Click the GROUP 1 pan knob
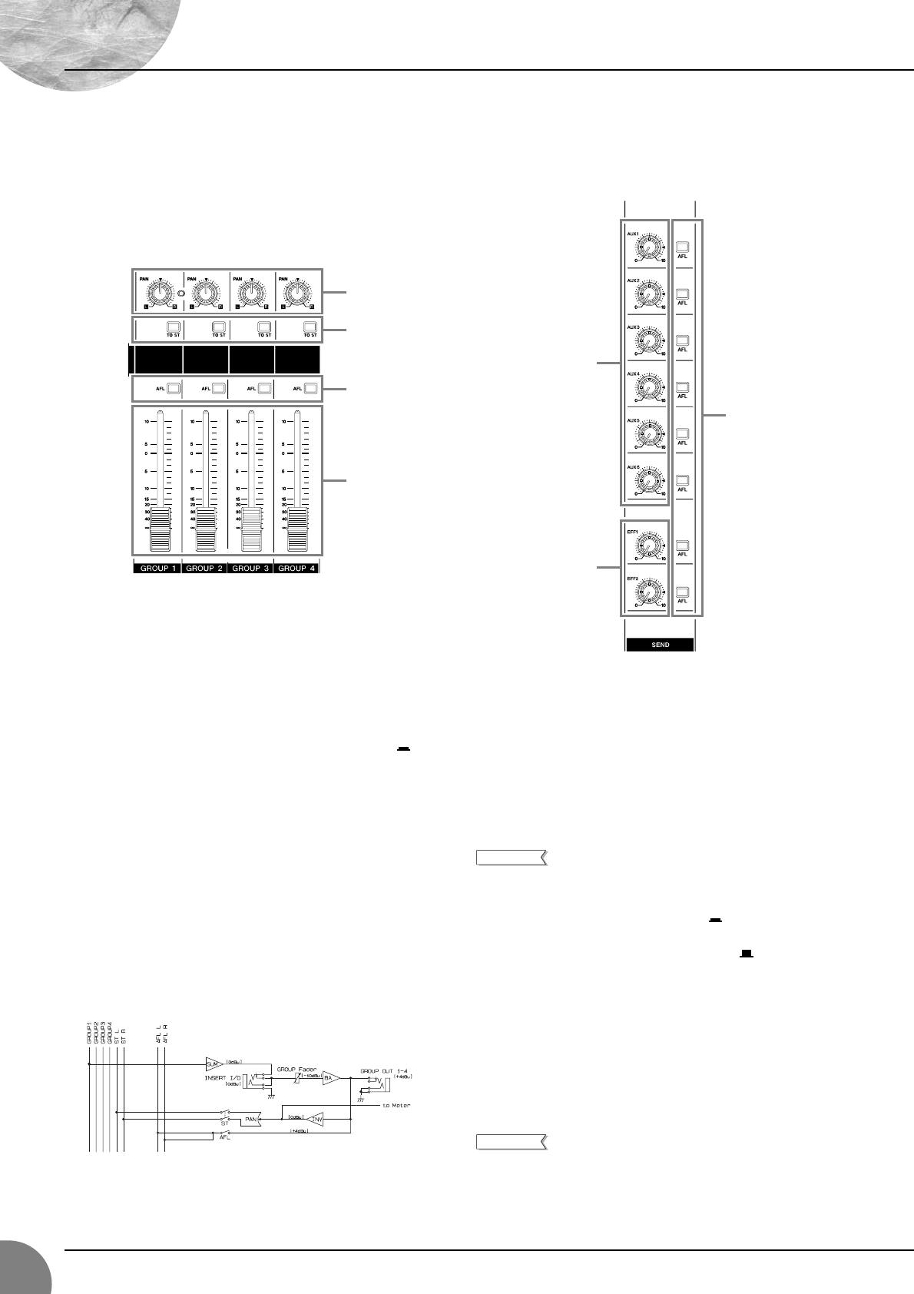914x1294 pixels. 159,294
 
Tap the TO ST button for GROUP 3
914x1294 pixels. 264,327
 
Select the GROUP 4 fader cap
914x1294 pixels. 296,530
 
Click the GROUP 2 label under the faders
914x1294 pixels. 204,569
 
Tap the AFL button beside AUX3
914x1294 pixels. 682,340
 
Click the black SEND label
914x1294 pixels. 661,645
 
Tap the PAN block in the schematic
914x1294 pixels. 252,1120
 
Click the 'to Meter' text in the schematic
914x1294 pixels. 396,1106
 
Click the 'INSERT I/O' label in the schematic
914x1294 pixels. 223,1077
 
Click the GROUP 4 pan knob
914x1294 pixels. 296,294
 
